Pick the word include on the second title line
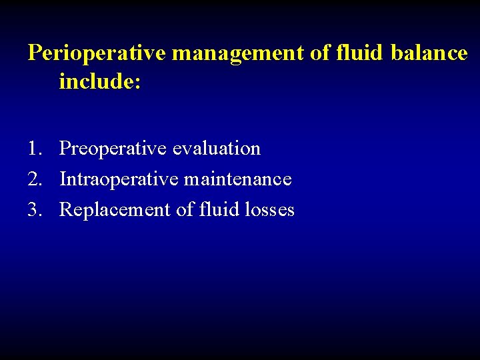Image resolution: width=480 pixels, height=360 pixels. pos(97,83)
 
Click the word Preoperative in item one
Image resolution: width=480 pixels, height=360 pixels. pos(113,149)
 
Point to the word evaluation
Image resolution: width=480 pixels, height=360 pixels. pos(217,148)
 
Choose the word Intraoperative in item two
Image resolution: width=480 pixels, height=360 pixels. pos(119,179)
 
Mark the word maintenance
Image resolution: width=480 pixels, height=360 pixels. pos(238,179)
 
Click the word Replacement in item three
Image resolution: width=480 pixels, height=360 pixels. pos(115,210)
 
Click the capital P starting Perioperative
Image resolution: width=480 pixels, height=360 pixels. pos(34,53)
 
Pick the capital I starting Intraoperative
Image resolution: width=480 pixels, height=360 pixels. pos(63,179)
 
